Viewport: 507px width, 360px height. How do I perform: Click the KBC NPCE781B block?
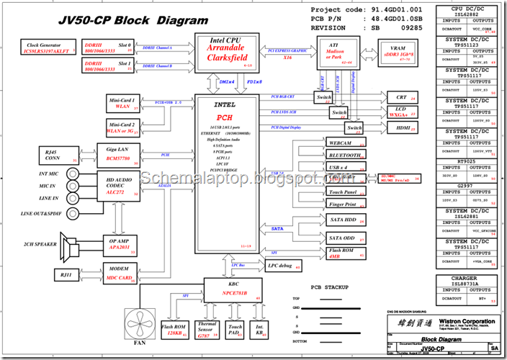(235, 289)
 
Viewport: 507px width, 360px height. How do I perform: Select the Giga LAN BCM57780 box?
(120, 155)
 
